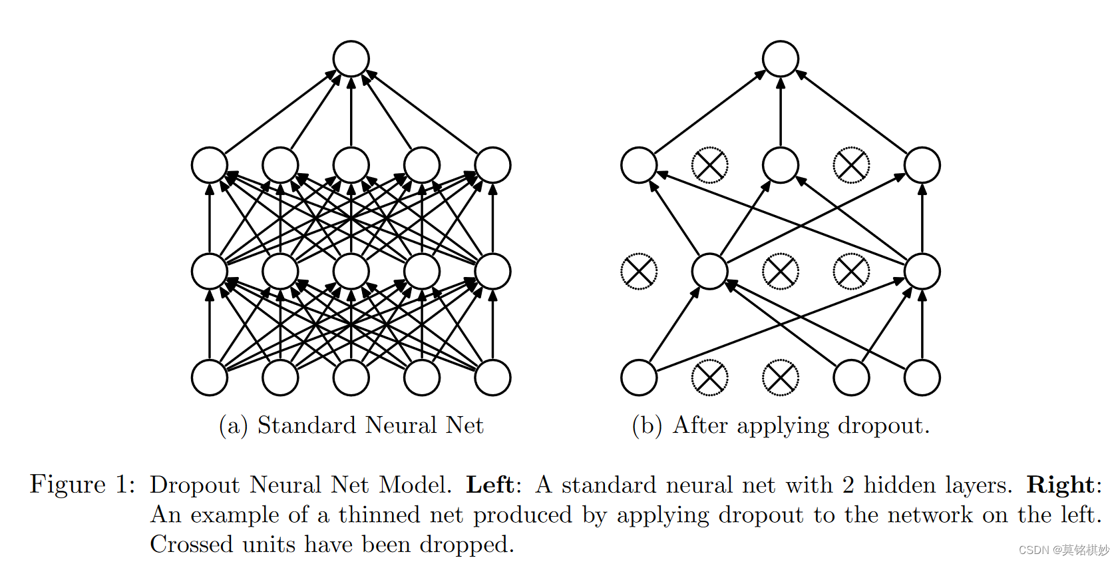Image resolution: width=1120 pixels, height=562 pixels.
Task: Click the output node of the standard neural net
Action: (x=351, y=59)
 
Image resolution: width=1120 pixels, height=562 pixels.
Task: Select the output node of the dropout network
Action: (x=780, y=59)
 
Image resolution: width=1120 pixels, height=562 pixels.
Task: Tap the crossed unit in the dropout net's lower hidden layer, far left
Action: (x=638, y=272)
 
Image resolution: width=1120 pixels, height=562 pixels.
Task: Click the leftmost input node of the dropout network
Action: (x=638, y=378)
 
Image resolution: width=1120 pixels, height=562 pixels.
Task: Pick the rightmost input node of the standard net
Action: (x=492, y=378)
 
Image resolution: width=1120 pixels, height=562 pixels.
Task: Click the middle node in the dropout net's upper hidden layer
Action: (x=780, y=165)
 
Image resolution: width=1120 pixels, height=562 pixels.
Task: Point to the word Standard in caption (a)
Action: (x=307, y=425)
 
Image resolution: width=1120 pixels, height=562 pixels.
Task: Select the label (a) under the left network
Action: (x=233, y=425)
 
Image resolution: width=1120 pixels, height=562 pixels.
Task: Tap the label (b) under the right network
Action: (x=646, y=425)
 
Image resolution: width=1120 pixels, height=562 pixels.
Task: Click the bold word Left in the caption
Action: (x=490, y=485)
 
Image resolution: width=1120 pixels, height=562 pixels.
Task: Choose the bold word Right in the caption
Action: (x=1060, y=485)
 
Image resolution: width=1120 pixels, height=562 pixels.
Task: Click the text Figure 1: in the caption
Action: (x=83, y=485)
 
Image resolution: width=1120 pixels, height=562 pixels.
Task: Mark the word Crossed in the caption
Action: (x=192, y=544)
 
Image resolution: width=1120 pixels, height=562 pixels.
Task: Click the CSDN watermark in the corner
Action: (x=1063, y=550)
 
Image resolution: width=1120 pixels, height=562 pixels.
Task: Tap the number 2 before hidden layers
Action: (x=848, y=485)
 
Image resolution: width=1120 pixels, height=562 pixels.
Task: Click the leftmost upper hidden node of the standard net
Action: (x=210, y=165)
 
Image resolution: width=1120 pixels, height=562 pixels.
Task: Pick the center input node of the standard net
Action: (x=351, y=378)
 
